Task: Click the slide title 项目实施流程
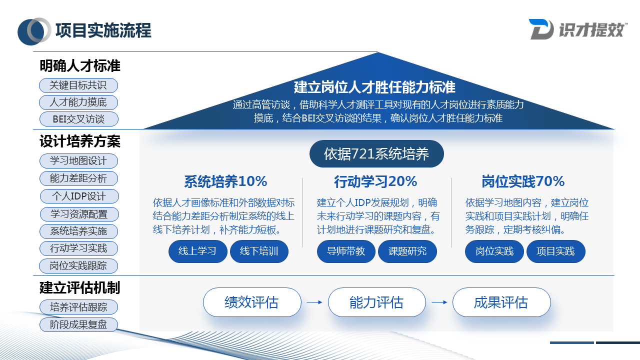[x=103, y=30]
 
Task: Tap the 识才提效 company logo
[x=578, y=29]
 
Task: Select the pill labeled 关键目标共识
[x=78, y=85]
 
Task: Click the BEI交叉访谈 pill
[x=78, y=119]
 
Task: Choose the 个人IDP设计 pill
[x=78, y=196]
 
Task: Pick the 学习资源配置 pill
[x=79, y=214]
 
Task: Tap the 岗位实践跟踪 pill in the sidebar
[x=78, y=265]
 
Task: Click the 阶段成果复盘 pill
[x=78, y=324]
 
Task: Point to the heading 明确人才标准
[x=80, y=66]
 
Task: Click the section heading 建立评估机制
[x=80, y=288]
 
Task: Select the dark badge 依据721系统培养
[x=376, y=154]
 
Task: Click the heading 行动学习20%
[x=375, y=181]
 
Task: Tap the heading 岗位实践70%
[x=523, y=181]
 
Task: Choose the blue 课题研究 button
[x=407, y=251]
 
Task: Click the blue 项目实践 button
[x=555, y=251]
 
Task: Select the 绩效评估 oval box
[x=252, y=302]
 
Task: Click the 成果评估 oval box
[x=501, y=302]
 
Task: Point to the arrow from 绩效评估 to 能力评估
[x=314, y=302]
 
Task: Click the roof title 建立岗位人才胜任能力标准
[x=374, y=87]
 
